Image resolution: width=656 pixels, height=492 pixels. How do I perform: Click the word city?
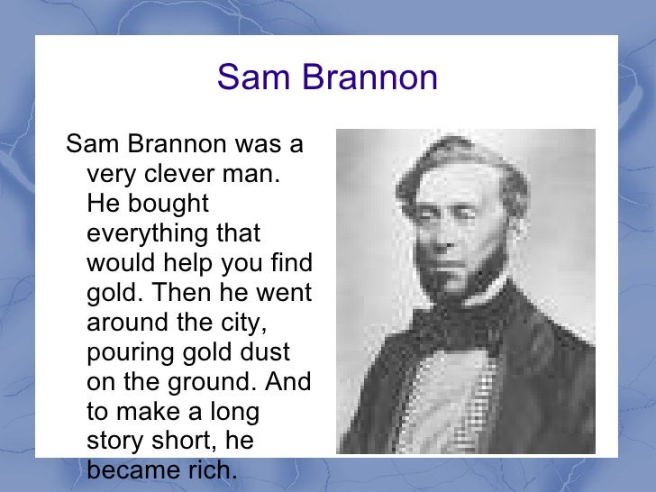tap(247, 323)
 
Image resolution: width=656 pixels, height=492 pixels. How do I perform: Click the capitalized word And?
tap(288, 382)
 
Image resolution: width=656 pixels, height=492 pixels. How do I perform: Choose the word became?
tap(130, 470)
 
